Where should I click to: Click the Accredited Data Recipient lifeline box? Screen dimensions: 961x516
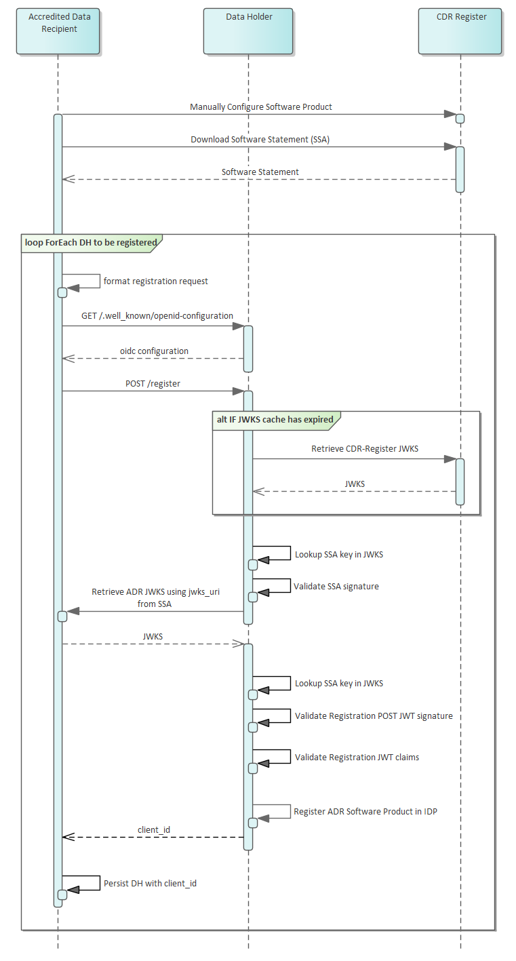click(x=58, y=31)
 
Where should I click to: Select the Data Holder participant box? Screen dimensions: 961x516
click(x=248, y=31)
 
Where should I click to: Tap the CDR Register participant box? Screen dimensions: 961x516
click(x=460, y=31)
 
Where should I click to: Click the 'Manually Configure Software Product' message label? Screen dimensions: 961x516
click(x=261, y=107)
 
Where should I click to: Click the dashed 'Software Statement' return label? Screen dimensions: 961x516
click(x=260, y=172)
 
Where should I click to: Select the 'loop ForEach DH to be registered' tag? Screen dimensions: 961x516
click(x=92, y=243)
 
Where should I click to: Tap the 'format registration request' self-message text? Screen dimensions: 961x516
click(x=156, y=281)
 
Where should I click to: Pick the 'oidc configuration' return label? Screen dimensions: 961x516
click(x=154, y=351)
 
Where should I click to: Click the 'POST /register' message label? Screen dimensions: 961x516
click(x=153, y=384)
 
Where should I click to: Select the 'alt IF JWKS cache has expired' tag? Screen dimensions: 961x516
click(x=275, y=420)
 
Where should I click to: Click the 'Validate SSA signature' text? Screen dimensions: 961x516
click(x=336, y=586)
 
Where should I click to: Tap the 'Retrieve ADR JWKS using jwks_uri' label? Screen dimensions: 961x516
click(x=156, y=592)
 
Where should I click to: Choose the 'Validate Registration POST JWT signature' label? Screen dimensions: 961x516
click(x=374, y=716)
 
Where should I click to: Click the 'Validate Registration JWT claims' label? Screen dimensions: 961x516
click(x=357, y=757)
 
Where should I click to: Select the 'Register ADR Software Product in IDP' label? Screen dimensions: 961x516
click(x=365, y=811)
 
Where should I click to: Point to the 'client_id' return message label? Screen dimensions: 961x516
click(x=154, y=829)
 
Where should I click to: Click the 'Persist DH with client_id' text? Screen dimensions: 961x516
click(x=150, y=884)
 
